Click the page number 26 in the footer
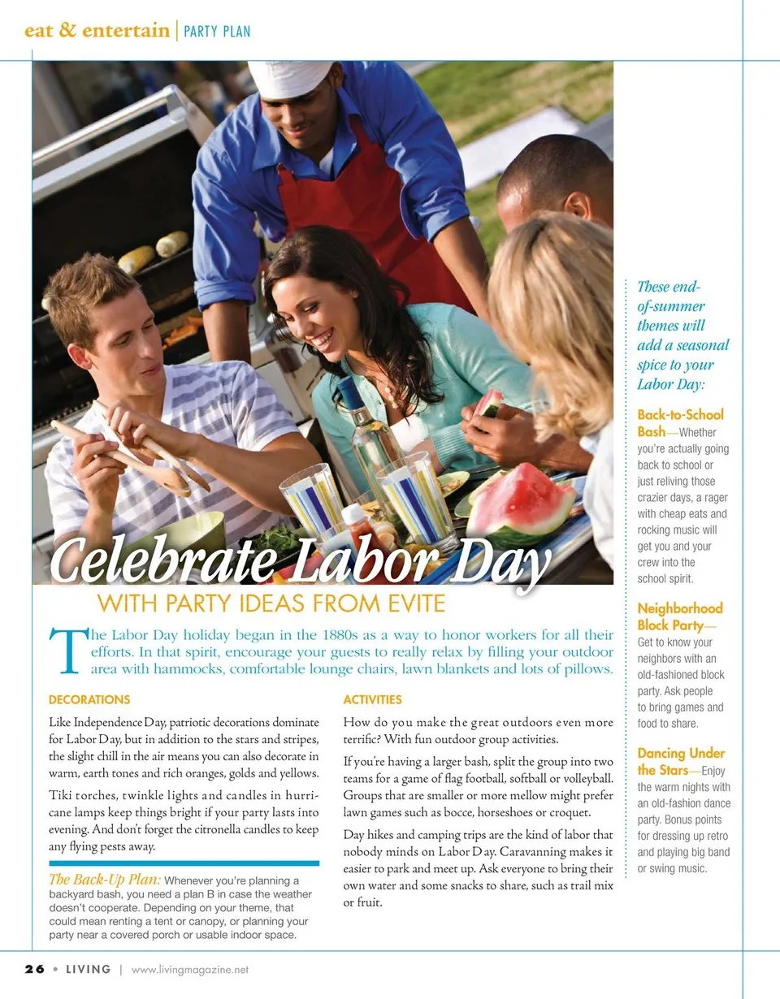coord(33,970)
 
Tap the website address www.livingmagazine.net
coord(190,970)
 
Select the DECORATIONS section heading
coord(89,699)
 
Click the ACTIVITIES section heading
coord(372,699)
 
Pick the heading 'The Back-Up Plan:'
coord(105,880)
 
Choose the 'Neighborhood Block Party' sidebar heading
coord(679,616)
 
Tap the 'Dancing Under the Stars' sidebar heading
coord(680,761)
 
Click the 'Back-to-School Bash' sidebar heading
coord(679,422)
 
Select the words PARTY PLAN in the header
coord(217,32)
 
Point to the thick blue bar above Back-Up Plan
coord(184,863)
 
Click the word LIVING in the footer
coord(88,970)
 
